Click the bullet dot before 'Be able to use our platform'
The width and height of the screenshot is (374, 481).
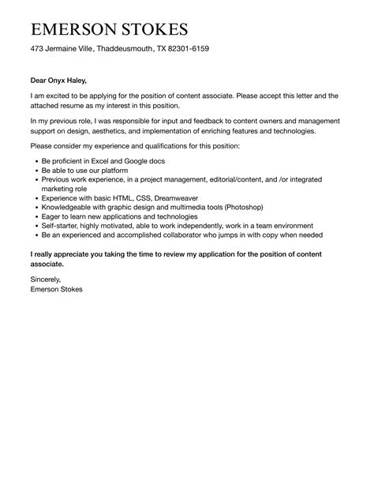[36, 171]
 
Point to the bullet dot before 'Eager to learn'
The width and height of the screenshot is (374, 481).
[36, 216]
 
